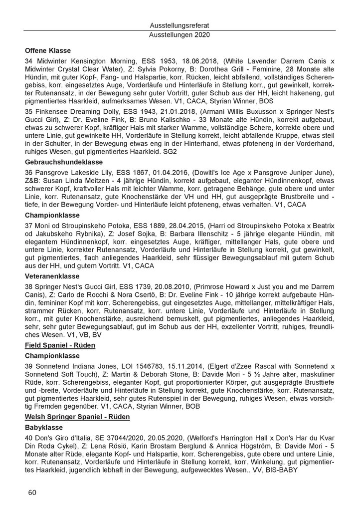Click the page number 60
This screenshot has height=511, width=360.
32,493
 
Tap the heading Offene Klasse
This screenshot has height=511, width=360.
47,50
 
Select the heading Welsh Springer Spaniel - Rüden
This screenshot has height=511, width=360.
77,417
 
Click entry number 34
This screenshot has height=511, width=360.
28,61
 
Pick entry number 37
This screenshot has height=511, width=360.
28,227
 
